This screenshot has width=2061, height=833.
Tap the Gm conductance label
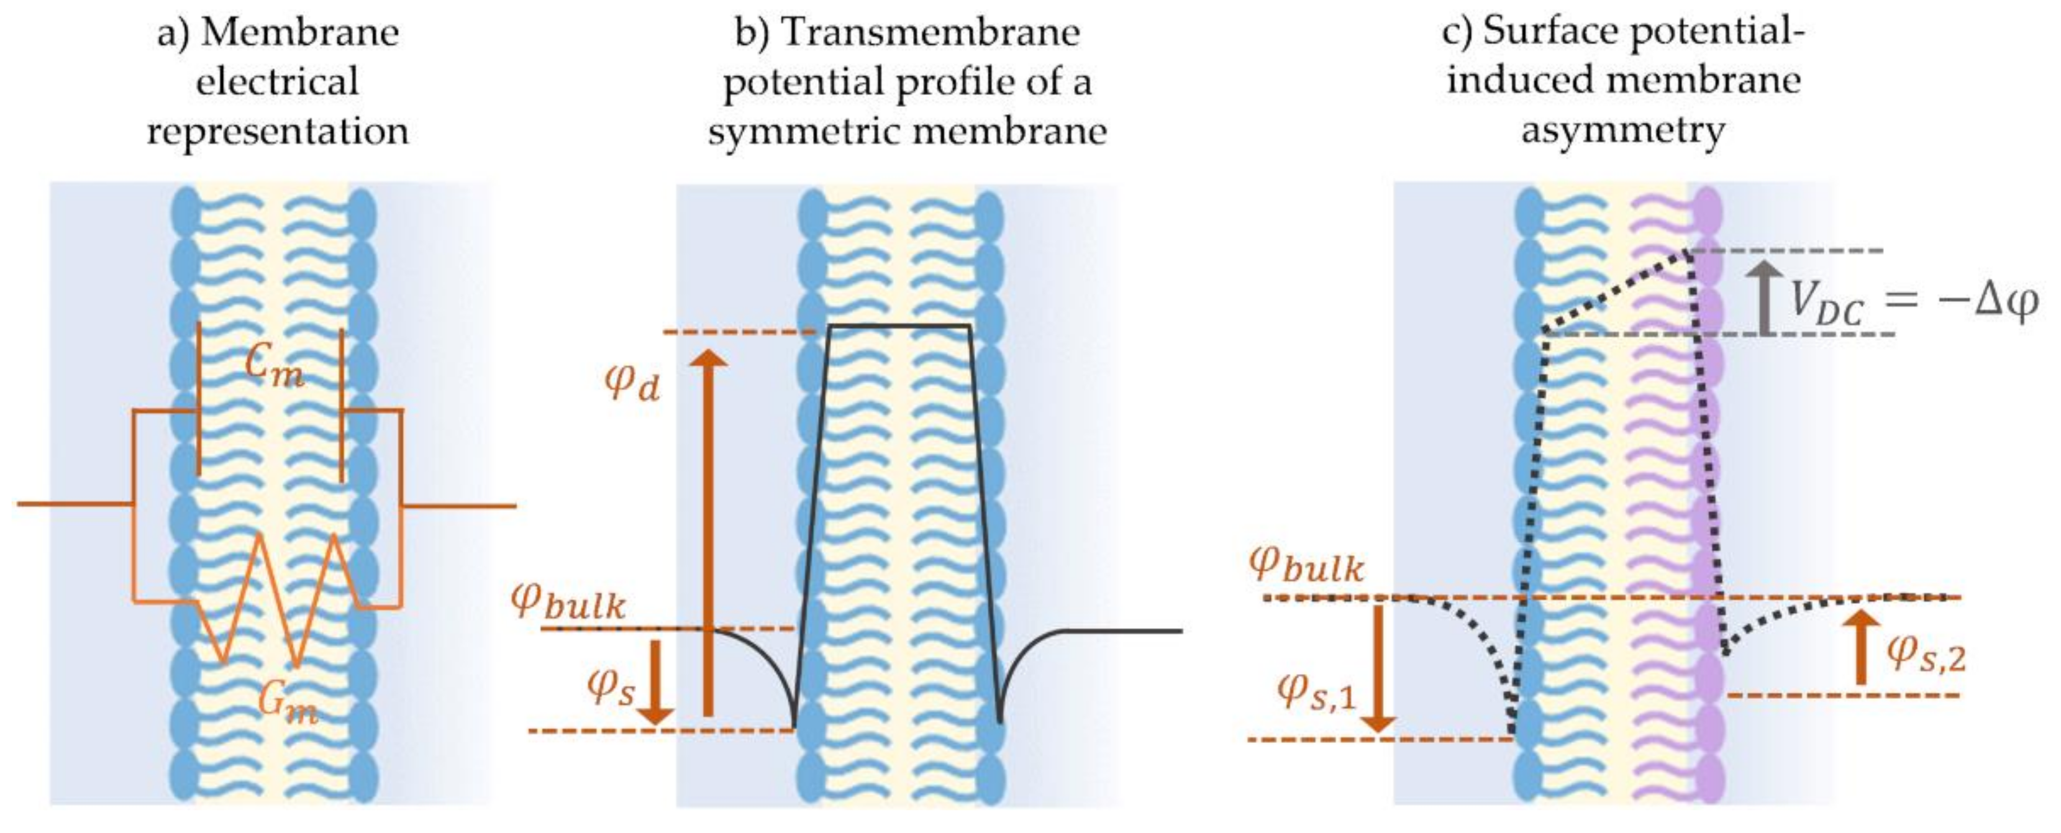coord(287,704)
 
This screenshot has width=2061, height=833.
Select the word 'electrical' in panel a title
coord(277,81)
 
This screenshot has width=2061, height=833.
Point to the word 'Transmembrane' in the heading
coord(930,33)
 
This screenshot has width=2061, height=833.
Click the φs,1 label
coord(1316,691)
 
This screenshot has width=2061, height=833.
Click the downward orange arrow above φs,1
coord(1378,668)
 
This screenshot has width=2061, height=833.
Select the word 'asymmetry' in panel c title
coord(1622,130)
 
